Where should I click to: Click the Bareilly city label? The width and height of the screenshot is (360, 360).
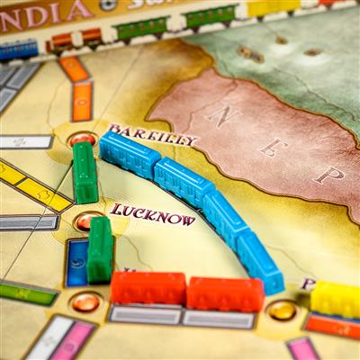pyautogui.click(x=153, y=135)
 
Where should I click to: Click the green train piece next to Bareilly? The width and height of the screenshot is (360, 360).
pyautogui.click(x=85, y=172)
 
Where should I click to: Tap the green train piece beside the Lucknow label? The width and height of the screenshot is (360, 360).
pyautogui.click(x=100, y=249)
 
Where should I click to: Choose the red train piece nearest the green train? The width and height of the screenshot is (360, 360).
pyautogui.click(x=148, y=288)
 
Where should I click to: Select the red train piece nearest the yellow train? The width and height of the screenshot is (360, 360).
pyautogui.click(x=225, y=293)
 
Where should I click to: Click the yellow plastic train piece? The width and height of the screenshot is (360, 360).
pyautogui.click(x=335, y=299)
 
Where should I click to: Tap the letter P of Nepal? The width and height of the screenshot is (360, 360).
pyautogui.click(x=328, y=174)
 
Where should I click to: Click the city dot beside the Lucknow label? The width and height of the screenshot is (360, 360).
pyautogui.click(x=86, y=220)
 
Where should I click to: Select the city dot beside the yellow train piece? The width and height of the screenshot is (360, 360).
pyautogui.click(x=282, y=310)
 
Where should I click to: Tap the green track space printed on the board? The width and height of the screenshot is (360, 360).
pyautogui.click(x=27, y=293)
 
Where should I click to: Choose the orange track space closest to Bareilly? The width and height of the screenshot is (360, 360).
pyautogui.click(x=82, y=101)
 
